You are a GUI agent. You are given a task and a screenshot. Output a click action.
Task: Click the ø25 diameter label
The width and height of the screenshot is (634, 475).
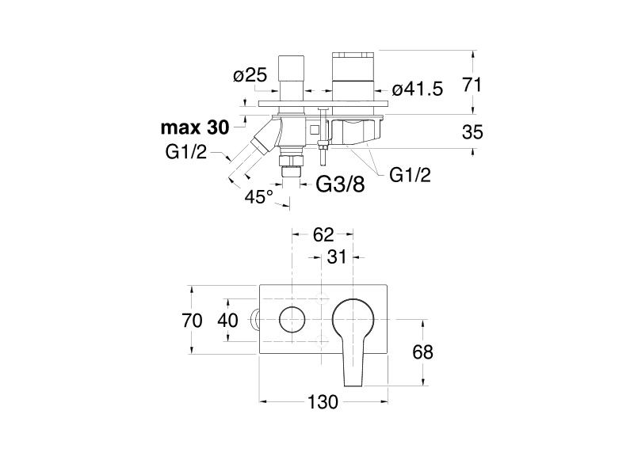250,77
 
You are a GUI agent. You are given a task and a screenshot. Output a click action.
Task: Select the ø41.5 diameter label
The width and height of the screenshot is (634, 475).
418,89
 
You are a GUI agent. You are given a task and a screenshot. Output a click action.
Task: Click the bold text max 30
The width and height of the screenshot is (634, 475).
194,127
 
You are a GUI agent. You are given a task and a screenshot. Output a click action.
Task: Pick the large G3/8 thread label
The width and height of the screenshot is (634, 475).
340,184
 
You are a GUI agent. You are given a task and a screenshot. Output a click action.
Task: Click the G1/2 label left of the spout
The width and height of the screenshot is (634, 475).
186,153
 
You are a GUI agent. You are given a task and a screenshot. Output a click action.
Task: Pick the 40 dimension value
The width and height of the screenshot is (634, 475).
227,321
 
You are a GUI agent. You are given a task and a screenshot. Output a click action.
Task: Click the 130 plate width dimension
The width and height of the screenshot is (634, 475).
323,402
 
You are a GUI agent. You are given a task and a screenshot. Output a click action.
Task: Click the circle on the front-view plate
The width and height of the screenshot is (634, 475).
292,321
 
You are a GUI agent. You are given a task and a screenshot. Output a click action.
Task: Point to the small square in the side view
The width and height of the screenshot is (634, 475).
315,129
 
